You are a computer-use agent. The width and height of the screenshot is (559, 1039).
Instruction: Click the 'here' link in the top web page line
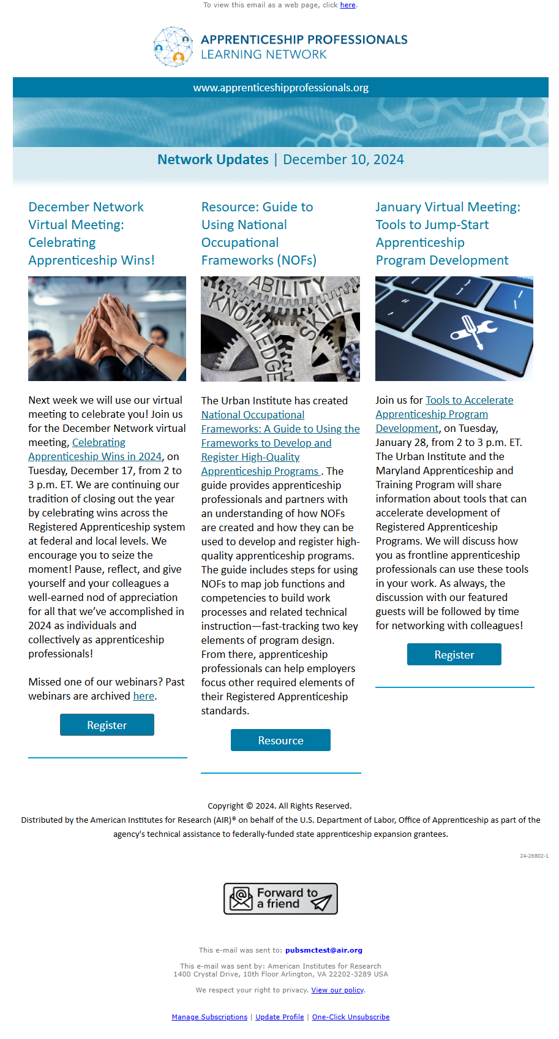348,5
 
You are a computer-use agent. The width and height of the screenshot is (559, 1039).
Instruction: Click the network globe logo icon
173,47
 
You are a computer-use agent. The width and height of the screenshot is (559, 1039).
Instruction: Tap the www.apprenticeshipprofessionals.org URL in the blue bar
280,88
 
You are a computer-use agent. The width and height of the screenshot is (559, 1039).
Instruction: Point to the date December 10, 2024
343,160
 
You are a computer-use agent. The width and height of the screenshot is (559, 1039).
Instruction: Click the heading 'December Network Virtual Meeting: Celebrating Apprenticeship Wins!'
91,233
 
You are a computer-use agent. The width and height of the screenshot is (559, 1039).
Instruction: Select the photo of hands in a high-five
107,328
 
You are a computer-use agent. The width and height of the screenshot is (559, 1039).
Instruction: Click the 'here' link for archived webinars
143,696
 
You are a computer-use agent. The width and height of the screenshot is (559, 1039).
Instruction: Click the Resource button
280,740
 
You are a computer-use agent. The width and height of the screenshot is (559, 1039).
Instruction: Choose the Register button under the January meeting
454,654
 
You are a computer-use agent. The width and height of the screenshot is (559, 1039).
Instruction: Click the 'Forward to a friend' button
280,899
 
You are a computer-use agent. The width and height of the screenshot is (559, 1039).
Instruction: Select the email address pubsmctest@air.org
323,950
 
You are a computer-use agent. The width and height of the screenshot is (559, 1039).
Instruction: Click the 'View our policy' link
337,990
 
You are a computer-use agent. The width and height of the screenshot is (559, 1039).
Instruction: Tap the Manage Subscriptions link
209,1017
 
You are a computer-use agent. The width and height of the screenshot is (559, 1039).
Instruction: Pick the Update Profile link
279,1017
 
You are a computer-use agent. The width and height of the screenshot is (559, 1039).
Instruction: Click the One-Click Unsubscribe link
350,1017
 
